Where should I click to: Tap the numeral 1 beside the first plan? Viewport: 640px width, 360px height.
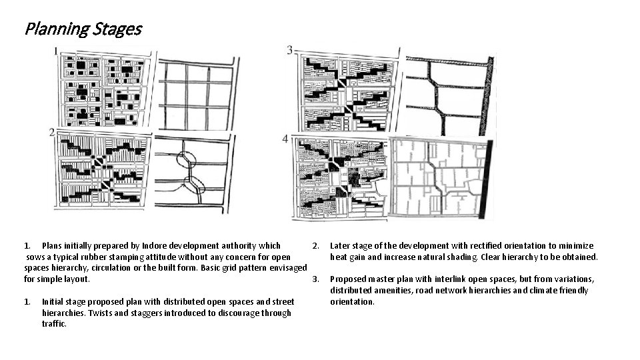(x=56, y=51)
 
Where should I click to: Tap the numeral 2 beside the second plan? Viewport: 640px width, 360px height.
(x=52, y=133)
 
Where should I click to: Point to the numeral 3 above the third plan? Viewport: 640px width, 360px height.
(x=289, y=50)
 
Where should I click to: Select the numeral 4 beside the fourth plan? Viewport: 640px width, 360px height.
(x=285, y=139)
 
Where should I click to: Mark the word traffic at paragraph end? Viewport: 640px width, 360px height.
(x=54, y=323)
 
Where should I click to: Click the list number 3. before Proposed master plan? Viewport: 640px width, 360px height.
(x=317, y=279)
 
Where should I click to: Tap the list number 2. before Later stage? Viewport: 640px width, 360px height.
(x=317, y=245)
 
